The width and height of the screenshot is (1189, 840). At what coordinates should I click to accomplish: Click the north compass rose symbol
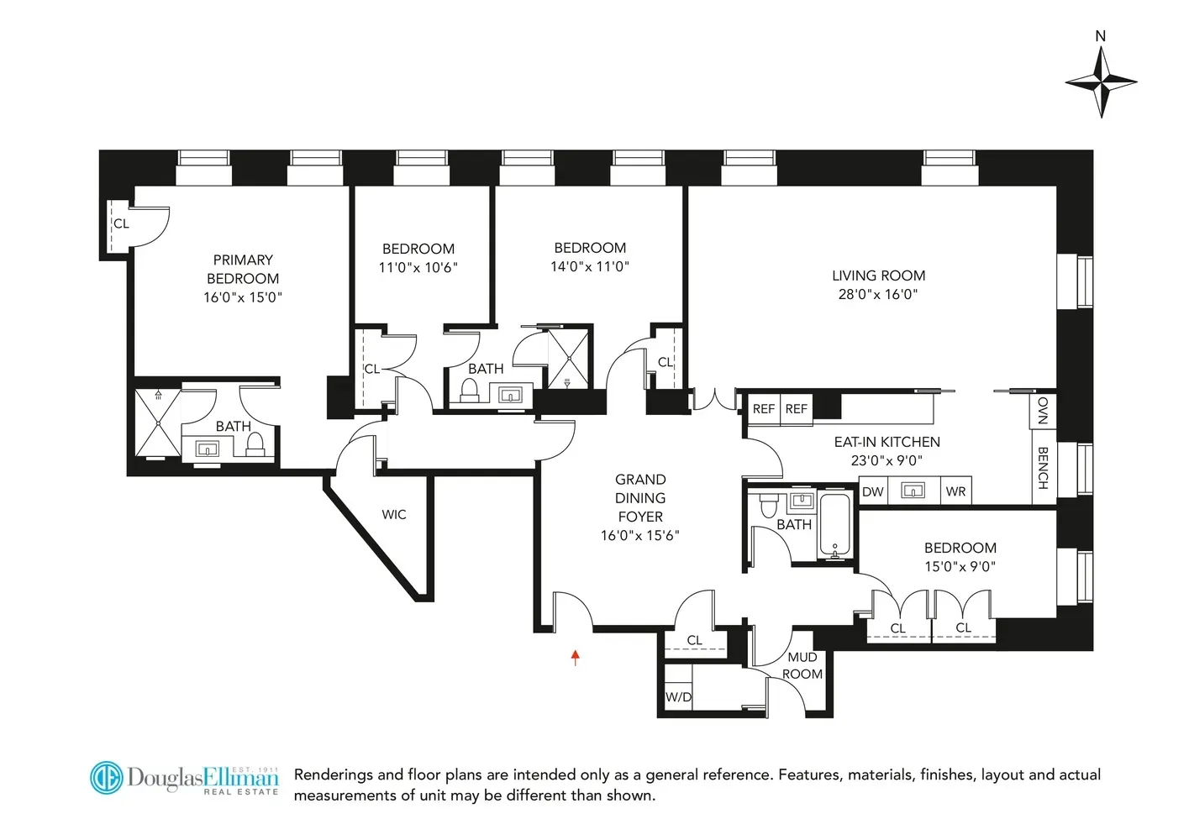(1101, 81)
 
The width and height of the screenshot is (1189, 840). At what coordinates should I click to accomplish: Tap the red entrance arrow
(576, 657)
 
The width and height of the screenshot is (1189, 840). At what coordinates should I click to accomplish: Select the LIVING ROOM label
(878, 276)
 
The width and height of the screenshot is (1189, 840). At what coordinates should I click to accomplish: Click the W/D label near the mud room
(678, 697)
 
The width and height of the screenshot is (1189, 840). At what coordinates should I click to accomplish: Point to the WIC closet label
(393, 515)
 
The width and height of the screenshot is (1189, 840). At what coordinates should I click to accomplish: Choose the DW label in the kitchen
(873, 491)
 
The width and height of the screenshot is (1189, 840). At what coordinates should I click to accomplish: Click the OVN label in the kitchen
(1043, 411)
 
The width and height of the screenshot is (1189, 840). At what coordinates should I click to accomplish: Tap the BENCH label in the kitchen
(1043, 467)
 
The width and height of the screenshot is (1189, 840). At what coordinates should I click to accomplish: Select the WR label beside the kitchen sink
(955, 491)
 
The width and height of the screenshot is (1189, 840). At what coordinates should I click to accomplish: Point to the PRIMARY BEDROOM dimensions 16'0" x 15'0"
(243, 297)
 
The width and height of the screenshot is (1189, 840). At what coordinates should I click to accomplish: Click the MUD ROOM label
(802, 665)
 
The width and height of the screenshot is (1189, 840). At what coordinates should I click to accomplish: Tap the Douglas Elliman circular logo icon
(107, 778)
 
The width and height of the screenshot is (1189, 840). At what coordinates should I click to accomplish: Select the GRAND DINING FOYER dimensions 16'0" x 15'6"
(639, 536)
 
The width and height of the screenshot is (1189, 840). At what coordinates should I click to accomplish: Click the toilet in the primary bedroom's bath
(255, 443)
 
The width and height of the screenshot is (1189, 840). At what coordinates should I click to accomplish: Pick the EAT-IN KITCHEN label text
(886, 442)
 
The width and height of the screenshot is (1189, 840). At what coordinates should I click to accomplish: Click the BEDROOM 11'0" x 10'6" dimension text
(418, 268)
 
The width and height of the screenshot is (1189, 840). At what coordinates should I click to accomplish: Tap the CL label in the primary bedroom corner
(122, 223)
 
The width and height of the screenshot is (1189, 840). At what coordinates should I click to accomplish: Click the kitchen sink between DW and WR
(913, 491)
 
